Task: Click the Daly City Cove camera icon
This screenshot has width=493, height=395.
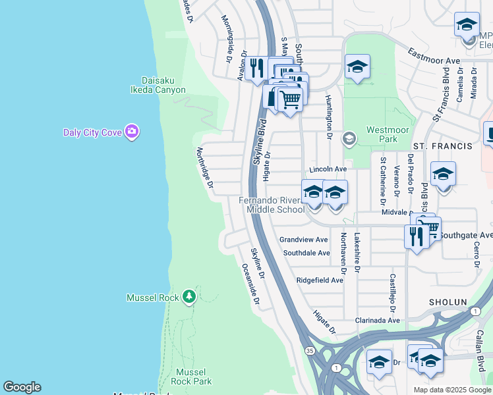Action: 132,132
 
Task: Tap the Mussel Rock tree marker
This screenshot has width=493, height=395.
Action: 189,297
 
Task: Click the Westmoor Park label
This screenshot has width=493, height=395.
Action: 382,134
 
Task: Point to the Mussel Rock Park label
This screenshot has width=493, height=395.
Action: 191,377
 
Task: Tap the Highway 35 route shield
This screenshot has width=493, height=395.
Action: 310,351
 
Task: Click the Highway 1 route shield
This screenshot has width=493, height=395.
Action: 337,366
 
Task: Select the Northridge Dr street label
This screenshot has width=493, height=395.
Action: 204,168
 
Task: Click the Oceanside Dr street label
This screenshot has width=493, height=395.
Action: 250,284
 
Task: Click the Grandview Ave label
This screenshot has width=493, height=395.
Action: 303,240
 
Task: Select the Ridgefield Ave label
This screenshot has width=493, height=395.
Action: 320,280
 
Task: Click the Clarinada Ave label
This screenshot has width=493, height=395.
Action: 377,321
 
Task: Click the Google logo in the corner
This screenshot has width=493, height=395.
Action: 22,387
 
